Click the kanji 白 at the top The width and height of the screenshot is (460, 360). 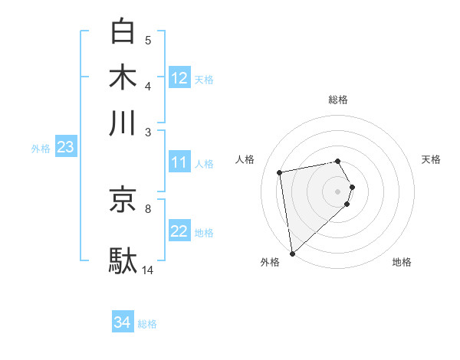[123, 31]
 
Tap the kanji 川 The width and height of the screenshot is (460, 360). [123, 122]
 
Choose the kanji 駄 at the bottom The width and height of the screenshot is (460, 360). [123, 260]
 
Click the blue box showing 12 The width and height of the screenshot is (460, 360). [179, 78]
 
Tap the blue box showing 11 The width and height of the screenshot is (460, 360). [179, 162]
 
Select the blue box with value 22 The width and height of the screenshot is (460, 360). [179, 232]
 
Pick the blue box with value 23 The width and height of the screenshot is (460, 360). [65, 148]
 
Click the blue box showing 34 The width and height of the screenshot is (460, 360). [123, 322]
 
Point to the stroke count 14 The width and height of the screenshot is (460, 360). [148, 270]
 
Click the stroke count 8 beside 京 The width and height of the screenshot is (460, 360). [148, 208]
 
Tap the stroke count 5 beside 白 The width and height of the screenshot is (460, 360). [148, 40]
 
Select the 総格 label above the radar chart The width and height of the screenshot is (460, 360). [338, 100]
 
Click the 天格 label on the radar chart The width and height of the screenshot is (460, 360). [432, 159]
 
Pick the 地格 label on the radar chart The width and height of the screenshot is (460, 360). [402, 262]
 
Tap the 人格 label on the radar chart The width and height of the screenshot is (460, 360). [245, 159]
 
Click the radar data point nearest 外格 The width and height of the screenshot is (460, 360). [293, 253]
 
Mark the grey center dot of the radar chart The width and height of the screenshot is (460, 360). [338, 190]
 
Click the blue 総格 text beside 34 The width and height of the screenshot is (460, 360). [147, 324]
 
